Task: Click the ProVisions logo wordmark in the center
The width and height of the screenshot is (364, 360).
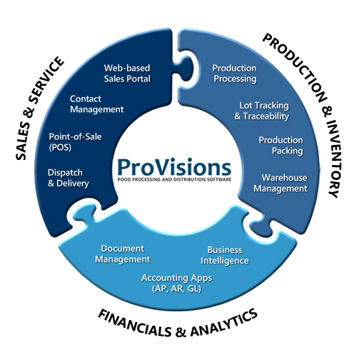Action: [x=174, y=167]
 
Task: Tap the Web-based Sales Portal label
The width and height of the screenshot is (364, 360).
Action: [x=127, y=74]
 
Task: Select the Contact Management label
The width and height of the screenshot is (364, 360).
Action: [x=96, y=104]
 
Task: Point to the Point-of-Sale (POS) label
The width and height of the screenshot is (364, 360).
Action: [x=75, y=142]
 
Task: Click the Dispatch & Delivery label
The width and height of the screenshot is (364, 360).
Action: [x=69, y=178]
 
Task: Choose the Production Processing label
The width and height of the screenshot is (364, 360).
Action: [x=235, y=74]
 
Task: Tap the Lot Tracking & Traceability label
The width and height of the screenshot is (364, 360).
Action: [x=262, y=111]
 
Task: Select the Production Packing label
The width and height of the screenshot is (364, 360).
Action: [x=280, y=145]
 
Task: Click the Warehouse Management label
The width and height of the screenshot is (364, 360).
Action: [x=280, y=183]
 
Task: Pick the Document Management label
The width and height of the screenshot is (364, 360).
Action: [x=123, y=254]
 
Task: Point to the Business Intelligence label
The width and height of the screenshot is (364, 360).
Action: [x=225, y=256]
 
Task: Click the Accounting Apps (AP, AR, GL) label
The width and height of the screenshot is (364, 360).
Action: [x=176, y=283]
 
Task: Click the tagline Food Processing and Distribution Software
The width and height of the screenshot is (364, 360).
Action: [x=174, y=179]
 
